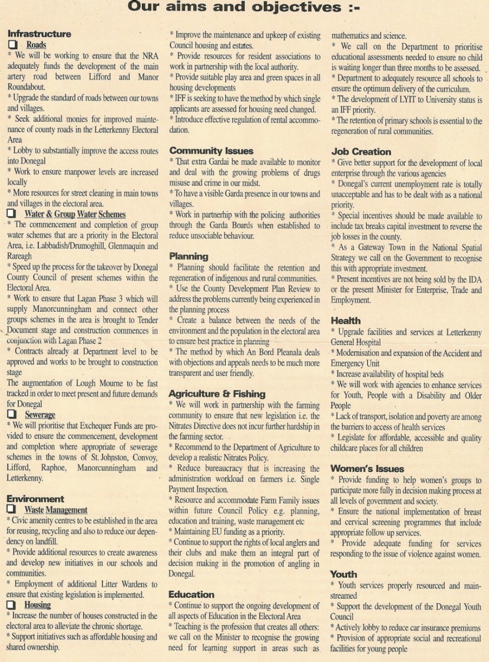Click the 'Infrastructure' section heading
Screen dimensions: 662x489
[x=39, y=34]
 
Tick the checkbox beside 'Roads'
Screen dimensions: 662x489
[x=12, y=45]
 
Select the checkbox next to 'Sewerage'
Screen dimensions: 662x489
[x=11, y=414]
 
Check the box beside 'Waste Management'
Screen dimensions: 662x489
[x=11, y=509]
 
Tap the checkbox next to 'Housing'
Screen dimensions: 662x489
[x=11, y=605]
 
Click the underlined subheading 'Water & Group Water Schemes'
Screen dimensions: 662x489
[x=75, y=214]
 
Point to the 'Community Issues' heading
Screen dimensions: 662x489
[x=211, y=151]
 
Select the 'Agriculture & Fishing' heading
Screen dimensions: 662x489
[x=217, y=394]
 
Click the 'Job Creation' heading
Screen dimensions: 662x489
[x=361, y=152]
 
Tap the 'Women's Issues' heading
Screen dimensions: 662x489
[x=367, y=468]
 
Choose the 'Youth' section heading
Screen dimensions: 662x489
[x=343, y=574]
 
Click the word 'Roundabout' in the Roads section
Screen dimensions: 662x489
[x=26, y=87]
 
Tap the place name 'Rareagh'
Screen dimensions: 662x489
[x=19, y=256]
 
